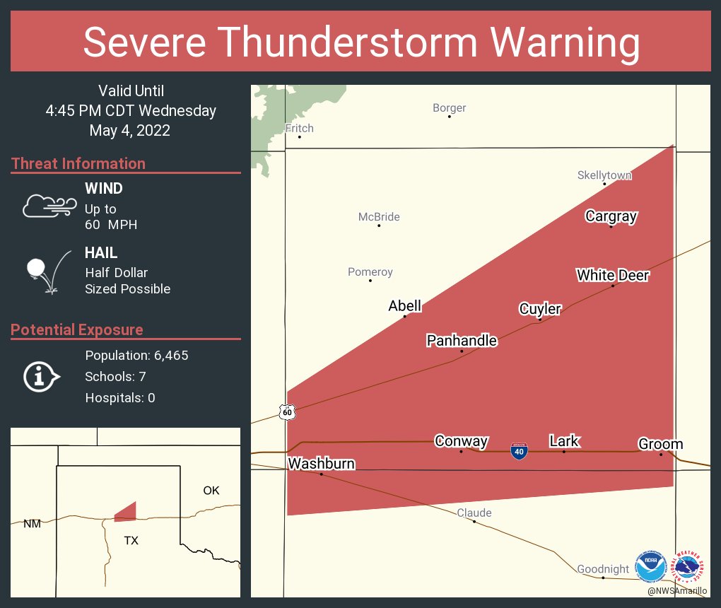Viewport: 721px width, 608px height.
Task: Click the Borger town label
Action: point(449,108)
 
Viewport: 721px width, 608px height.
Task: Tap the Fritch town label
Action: point(299,129)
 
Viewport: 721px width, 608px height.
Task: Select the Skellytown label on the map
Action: point(604,175)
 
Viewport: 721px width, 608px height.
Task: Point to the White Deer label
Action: point(612,275)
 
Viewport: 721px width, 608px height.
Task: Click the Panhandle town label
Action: point(462,341)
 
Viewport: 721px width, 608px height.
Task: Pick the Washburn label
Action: point(321,464)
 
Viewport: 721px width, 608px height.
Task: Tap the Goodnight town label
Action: point(603,569)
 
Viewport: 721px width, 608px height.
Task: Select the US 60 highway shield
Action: point(286,412)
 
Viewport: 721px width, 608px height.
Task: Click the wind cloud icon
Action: point(48,206)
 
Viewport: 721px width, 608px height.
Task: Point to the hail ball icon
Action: point(36,269)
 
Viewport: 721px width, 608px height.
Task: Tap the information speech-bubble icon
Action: point(41,376)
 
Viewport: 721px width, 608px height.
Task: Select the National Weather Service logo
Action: point(689,567)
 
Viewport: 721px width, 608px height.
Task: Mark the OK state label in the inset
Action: point(211,491)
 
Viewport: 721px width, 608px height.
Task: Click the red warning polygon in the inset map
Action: point(127,512)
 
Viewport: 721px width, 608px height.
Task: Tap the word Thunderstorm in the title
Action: point(360,42)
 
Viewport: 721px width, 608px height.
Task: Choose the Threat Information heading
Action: point(78,163)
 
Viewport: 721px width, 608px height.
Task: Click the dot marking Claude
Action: point(474,522)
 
